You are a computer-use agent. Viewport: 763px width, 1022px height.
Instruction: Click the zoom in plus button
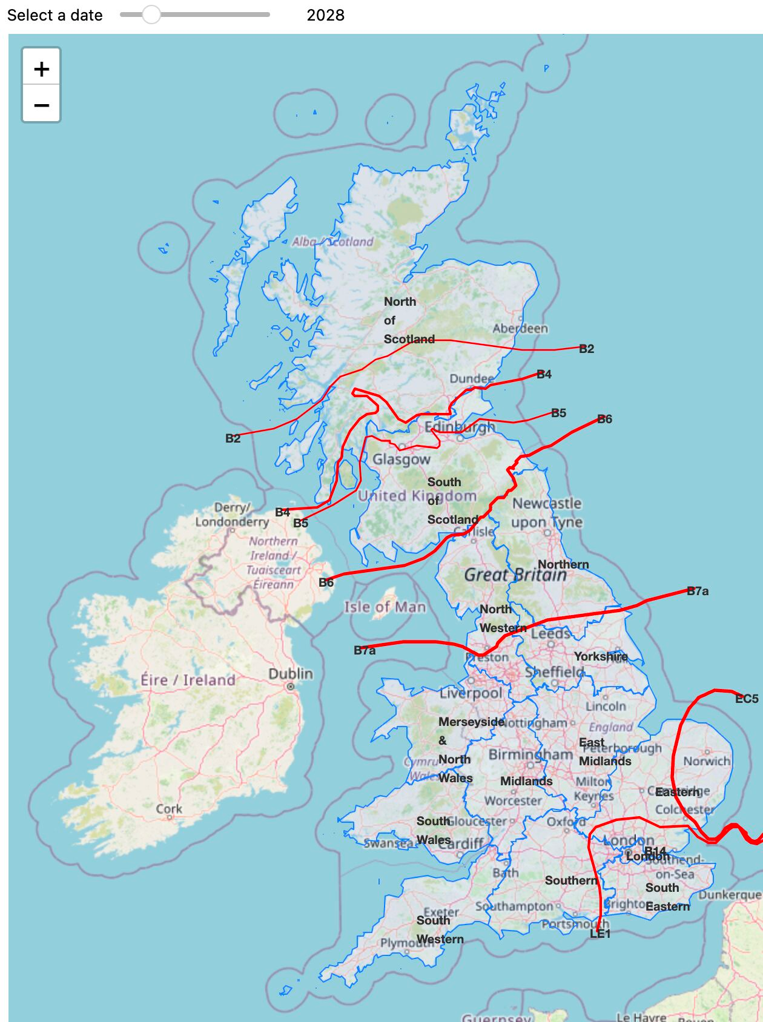click(x=41, y=68)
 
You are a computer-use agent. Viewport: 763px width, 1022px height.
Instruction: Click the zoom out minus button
click(x=41, y=105)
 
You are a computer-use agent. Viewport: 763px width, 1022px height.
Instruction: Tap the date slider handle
click(x=151, y=15)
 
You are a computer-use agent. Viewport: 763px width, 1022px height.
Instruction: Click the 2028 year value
click(x=325, y=15)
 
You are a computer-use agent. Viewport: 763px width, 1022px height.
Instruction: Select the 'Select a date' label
click(x=54, y=15)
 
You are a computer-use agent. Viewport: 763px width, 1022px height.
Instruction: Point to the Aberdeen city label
click(x=520, y=328)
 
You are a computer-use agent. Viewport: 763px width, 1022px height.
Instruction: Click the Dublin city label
click(x=291, y=674)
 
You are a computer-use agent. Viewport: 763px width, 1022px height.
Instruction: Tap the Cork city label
click(x=169, y=809)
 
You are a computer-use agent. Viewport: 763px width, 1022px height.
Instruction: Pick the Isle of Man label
click(x=385, y=607)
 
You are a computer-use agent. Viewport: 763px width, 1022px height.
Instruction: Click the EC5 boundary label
click(x=746, y=699)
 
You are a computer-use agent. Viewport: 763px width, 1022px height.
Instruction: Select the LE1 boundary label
click(x=600, y=934)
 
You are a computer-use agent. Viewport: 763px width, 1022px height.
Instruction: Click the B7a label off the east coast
click(x=698, y=591)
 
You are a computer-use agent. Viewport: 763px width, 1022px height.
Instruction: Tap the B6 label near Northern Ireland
click(x=326, y=582)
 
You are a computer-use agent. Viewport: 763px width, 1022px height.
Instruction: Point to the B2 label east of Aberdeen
click(x=586, y=349)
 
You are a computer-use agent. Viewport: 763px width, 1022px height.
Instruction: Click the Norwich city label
click(x=707, y=761)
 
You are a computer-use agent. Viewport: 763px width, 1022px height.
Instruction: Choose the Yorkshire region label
click(x=601, y=656)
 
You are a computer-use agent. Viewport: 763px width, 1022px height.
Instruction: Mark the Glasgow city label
click(x=401, y=460)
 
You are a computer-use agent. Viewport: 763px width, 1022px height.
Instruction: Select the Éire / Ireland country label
click(x=188, y=680)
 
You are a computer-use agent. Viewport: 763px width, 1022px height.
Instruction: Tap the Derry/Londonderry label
click(x=232, y=515)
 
